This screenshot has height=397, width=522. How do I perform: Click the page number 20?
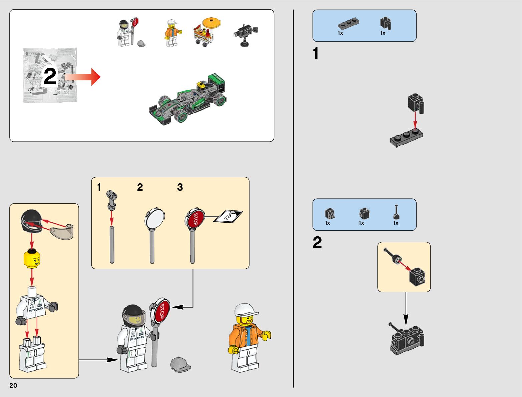(13, 385)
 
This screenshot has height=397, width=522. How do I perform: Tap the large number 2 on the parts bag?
(50, 77)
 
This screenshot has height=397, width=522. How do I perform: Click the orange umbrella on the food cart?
(211, 23)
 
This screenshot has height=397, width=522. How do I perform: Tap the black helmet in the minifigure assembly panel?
(31, 221)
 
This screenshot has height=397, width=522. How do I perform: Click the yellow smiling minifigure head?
(32, 260)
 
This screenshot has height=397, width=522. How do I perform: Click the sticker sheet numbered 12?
(228, 217)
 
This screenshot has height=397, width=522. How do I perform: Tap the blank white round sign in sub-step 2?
(154, 218)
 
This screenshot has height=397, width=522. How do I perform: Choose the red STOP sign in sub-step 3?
(195, 219)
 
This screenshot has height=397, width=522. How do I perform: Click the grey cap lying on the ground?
(180, 365)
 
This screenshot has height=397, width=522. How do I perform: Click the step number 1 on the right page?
(316, 54)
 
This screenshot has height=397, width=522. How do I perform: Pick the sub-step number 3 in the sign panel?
(180, 187)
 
